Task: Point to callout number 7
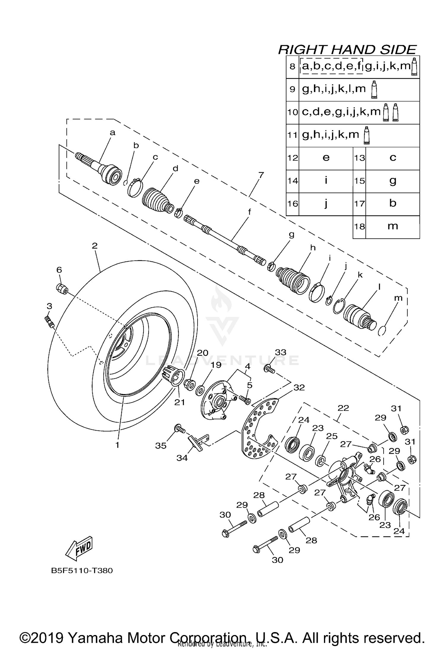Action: (x=261, y=175)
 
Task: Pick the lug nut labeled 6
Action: (x=62, y=288)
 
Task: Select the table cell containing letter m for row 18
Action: (x=392, y=227)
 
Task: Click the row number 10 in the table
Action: (x=292, y=113)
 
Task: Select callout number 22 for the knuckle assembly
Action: (x=343, y=408)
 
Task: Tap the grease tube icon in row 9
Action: (x=374, y=89)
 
